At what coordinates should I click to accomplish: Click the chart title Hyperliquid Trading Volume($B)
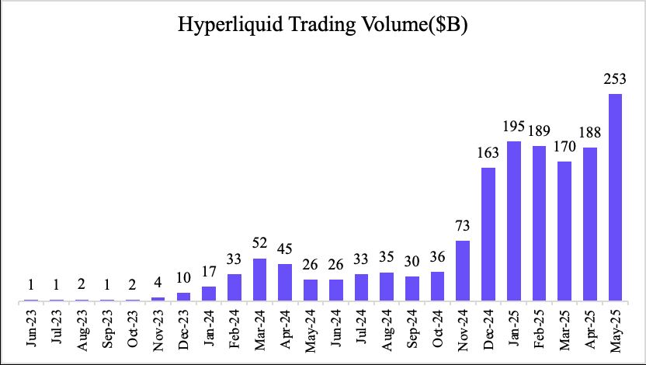coord(322,26)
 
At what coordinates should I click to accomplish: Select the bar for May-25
coord(616,197)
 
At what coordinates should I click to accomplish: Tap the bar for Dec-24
coord(488,234)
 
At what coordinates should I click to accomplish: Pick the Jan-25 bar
coord(514,221)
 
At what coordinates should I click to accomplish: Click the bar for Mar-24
coord(259,280)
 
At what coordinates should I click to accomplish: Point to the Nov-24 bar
coord(463,270)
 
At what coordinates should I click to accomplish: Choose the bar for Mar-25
coord(564,231)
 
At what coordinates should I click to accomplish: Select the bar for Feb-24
coord(234,287)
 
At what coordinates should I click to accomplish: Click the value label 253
coord(616,79)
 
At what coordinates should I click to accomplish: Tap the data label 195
coord(514,127)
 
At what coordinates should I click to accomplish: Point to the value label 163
coord(488,152)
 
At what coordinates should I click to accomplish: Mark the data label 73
coord(463,226)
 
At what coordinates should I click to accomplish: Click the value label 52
coord(259,244)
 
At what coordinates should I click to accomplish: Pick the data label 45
coord(285,249)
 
